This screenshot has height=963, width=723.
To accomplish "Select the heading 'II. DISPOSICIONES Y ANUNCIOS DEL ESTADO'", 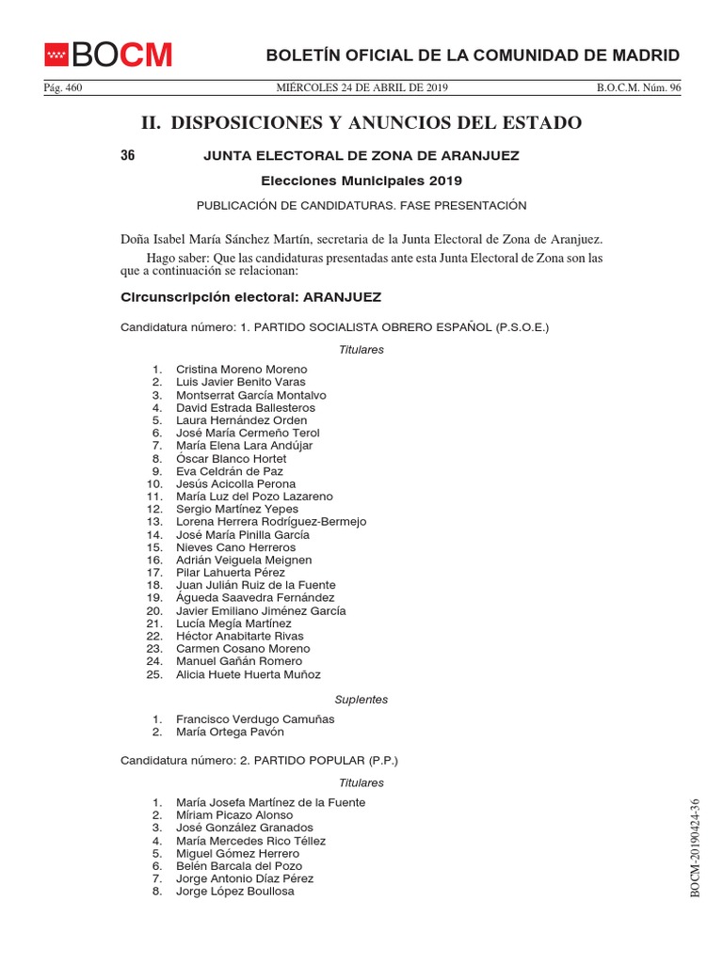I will click(x=361, y=123).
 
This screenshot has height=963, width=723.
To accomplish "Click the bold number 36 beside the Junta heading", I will click(x=128, y=156).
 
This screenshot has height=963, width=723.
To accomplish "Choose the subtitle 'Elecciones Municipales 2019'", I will click(x=361, y=181).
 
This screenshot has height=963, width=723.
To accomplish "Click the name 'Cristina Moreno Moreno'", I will click(x=241, y=370).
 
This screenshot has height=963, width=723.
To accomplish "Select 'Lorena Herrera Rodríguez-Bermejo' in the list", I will click(x=271, y=522).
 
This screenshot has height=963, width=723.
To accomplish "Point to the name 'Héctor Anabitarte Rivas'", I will click(x=239, y=636).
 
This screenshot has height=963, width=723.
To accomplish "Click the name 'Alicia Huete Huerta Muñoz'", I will click(x=249, y=674).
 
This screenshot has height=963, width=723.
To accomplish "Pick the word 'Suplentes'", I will click(x=361, y=700).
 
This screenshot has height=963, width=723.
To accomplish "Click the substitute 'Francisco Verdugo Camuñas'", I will click(x=255, y=719).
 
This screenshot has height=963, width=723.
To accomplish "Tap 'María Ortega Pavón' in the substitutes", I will click(x=230, y=732).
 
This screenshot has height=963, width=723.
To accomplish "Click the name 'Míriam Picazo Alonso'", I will click(x=234, y=815).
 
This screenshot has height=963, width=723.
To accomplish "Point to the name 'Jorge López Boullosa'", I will click(x=234, y=891).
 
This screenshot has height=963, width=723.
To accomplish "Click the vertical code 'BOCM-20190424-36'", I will click(x=696, y=848).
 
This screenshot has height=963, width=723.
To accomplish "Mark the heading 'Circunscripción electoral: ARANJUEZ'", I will click(x=251, y=297).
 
